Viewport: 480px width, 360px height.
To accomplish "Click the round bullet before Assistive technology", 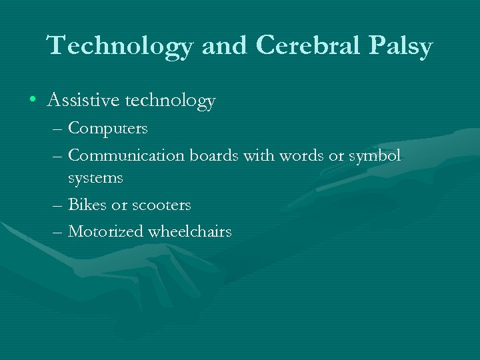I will [33, 101].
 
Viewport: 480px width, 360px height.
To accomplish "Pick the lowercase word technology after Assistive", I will [171, 101].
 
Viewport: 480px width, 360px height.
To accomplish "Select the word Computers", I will [108, 127].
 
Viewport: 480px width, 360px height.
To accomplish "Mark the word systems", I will [95, 178].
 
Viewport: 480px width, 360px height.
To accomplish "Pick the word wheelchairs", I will [190, 231].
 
